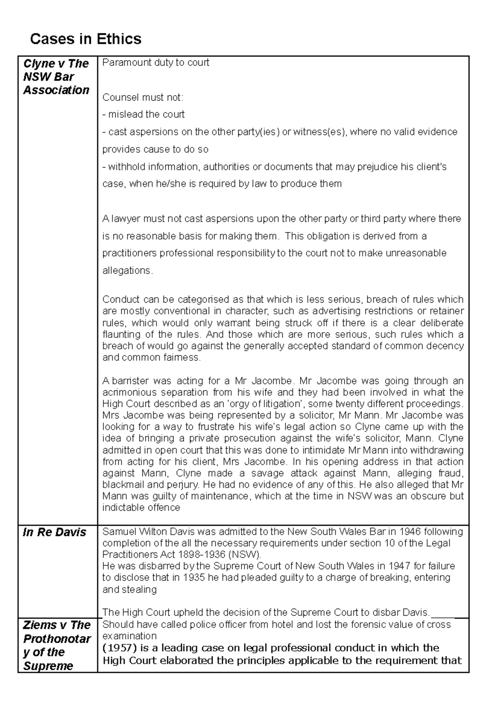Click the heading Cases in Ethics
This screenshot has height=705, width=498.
point(85,39)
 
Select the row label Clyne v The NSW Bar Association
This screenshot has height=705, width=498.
point(56,77)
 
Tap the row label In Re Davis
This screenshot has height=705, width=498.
point(54,532)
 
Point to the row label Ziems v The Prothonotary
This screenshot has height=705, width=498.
point(57,645)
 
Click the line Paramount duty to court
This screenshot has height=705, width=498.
point(156,63)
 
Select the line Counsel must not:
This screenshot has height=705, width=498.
point(142,98)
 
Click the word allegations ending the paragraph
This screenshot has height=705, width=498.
point(127,271)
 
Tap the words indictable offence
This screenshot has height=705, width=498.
point(141,508)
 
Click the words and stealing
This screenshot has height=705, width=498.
point(129,590)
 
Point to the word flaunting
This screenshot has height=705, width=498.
point(120,335)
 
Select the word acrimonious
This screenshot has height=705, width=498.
point(129,392)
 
